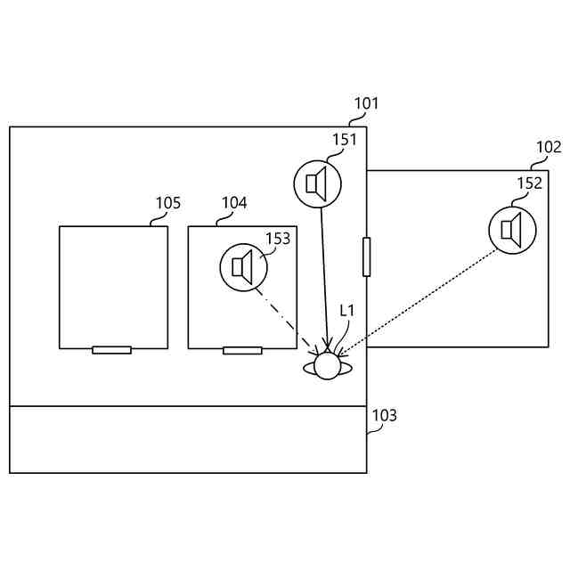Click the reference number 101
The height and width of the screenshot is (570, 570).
click(366, 103)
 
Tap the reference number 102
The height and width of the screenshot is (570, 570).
click(549, 147)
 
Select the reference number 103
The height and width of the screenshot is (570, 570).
click(385, 416)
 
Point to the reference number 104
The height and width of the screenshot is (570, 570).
click(234, 203)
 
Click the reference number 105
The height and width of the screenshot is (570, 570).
click(167, 203)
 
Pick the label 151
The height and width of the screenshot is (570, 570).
click(346, 140)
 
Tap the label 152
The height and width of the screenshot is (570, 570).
click(529, 183)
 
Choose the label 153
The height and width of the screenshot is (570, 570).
click(278, 239)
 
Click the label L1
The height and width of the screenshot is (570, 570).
click(347, 310)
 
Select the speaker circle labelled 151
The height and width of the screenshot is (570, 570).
click(318, 183)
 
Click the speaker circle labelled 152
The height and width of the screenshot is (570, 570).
click(512, 229)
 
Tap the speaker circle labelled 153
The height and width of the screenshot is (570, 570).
click(243, 266)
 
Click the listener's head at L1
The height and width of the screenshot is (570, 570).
click(328, 365)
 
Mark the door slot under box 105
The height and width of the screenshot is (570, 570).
click(111, 350)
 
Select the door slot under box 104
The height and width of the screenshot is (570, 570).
click(242, 350)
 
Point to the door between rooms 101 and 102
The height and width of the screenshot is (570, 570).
click(366, 256)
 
